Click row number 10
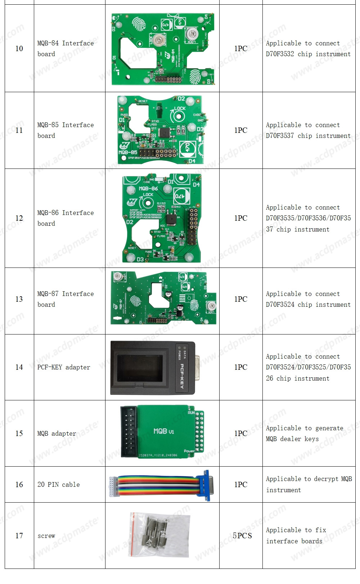pos(19,49)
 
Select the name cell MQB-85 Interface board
pos(66,130)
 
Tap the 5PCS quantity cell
pos(242,535)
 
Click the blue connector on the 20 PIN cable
pos(206,485)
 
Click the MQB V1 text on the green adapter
pos(163,431)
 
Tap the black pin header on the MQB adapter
pos(129,431)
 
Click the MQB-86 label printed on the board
pos(148,188)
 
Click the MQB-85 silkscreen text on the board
pos(128,152)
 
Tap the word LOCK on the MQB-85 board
pos(180,108)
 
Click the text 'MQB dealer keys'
pos(292,439)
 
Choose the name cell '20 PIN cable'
pos(59,485)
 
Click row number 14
pos(19,367)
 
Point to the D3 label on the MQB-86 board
pos(140,259)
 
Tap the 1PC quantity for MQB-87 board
pos(240,299)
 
